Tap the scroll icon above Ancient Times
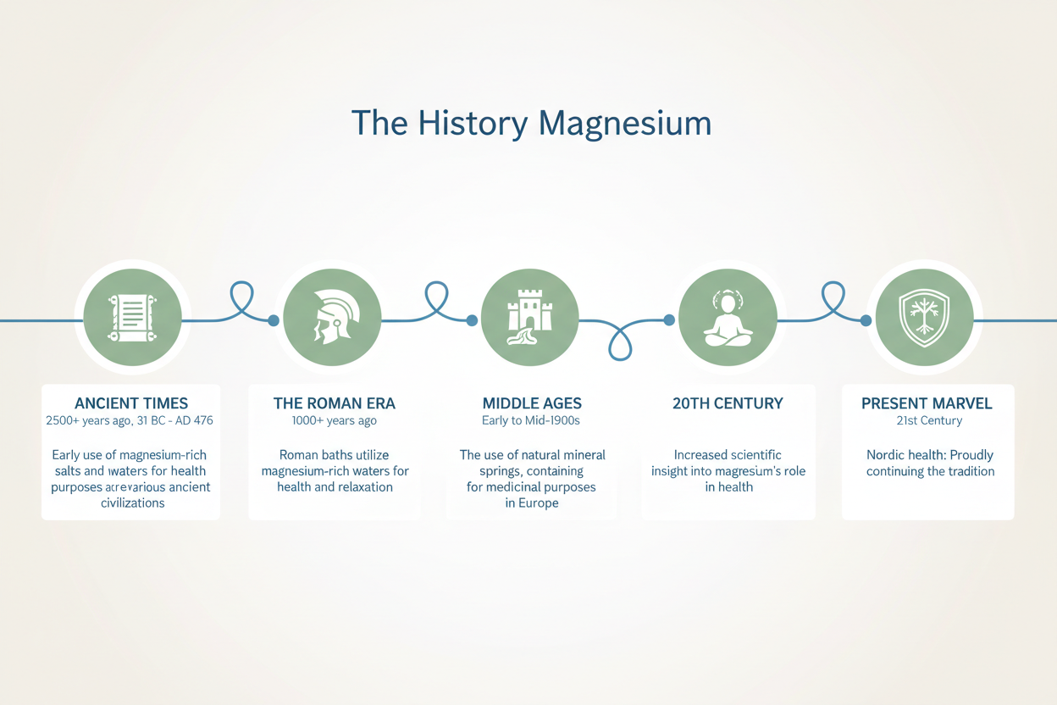[x=131, y=317]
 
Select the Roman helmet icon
[x=331, y=318]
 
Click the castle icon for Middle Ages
[x=529, y=317]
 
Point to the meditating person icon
[x=728, y=318]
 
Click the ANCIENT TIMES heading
[x=131, y=403]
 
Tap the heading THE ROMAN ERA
[x=335, y=403]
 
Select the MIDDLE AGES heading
[x=532, y=403]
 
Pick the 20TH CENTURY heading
[x=728, y=403]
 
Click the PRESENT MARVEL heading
[x=927, y=403]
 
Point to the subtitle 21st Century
[x=929, y=420]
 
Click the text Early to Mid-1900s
[x=532, y=420]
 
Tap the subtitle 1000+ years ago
[x=335, y=420]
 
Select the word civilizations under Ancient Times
[x=132, y=502]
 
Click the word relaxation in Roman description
[x=364, y=487]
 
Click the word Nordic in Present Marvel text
[x=886, y=455]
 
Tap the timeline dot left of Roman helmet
[x=273, y=320]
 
